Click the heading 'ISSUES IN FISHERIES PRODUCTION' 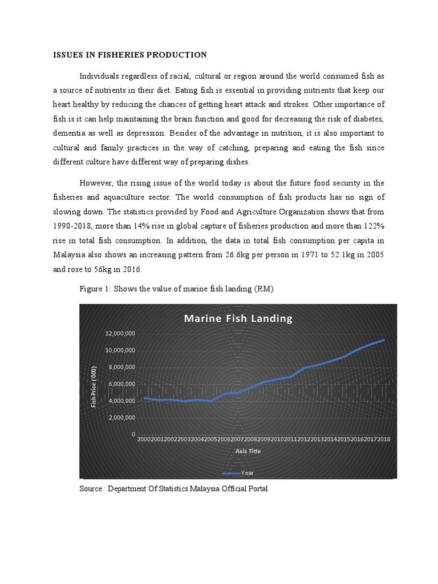tap(129, 55)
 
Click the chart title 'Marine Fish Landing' tap(237, 319)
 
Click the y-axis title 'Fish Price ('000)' tap(94, 386)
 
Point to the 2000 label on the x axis tap(143, 439)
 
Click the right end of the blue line tap(384, 340)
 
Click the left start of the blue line tap(144, 398)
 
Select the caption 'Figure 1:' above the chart tap(95, 289)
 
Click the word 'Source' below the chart tap(91, 489)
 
